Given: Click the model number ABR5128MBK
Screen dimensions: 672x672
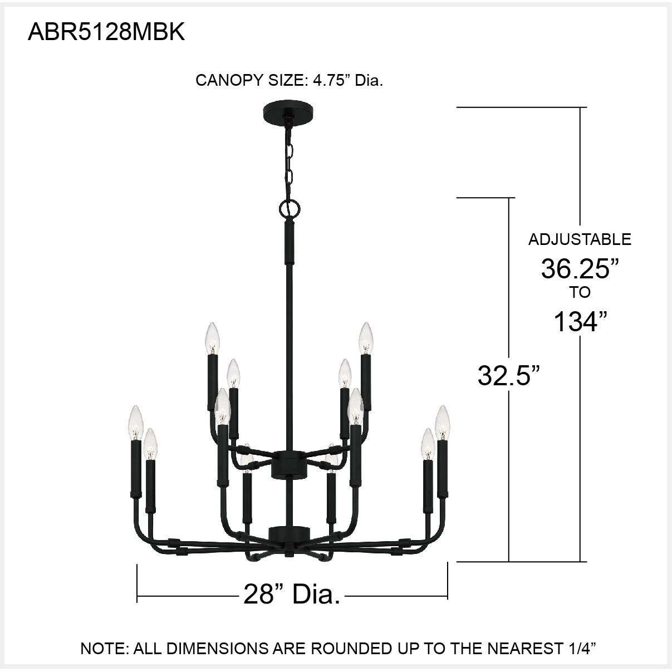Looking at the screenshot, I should pos(106,33).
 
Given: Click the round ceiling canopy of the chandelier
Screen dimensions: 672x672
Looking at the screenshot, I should pos(289,109).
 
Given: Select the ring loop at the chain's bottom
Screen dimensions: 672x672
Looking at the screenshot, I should pos(289,209).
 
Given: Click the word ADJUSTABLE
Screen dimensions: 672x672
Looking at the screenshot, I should pos(580,239).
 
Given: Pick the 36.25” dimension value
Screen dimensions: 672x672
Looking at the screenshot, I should pos(580,269).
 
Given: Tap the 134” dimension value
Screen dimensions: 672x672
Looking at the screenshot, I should pos(580,321).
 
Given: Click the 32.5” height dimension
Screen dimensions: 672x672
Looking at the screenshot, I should pos(509,376).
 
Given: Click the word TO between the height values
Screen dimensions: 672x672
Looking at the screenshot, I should pos(580,292).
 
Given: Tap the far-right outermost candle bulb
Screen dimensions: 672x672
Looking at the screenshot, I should pos(442,422).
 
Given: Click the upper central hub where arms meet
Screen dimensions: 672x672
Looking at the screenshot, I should pos(289,464).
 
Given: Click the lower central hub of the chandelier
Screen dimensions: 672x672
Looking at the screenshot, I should pos(289,533).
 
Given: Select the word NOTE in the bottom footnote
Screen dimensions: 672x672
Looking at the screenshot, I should pos(102,648).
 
